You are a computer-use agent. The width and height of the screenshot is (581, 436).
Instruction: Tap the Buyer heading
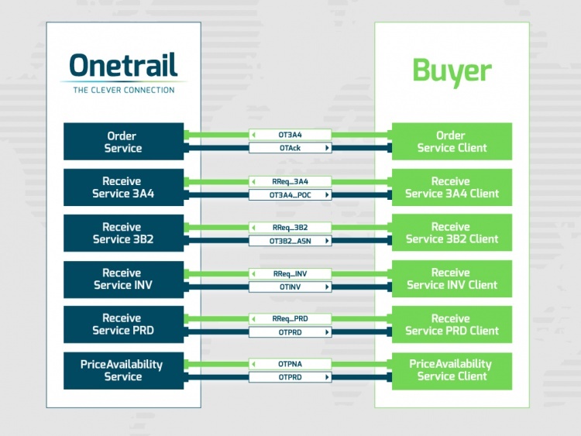click(x=452, y=70)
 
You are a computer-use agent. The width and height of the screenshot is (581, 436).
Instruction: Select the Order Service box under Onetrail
click(x=123, y=142)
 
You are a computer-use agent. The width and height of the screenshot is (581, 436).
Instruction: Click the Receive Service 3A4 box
click(x=123, y=187)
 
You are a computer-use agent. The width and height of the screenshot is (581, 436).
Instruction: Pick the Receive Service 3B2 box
click(x=123, y=233)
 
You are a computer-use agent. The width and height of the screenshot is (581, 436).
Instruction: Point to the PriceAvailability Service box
click(x=123, y=370)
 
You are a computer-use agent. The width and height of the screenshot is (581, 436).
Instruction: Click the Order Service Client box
click(x=452, y=142)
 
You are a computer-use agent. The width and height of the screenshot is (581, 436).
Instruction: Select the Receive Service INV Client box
click(x=452, y=279)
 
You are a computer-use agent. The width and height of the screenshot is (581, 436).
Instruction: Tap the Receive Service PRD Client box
click(x=452, y=324)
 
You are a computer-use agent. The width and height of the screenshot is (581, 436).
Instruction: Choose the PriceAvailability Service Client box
click(x=452, y=370)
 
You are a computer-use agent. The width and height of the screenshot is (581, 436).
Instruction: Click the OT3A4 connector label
click(x=290, y=135)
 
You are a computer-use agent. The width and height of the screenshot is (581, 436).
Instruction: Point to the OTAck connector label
click(x=290, y=147)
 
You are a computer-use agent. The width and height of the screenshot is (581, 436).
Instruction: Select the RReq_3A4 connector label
click(x=290, y=181)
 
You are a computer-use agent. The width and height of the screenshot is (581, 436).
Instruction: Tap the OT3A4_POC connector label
click(x=290, y=195)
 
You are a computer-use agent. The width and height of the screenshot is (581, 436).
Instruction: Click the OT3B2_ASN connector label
click(x=290, y=241)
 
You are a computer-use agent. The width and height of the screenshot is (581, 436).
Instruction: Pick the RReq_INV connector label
click(x=290, y=273)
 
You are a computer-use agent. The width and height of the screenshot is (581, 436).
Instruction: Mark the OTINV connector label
click(x=290, y=287)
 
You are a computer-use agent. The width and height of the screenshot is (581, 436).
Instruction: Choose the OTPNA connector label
click(x=290, y=364)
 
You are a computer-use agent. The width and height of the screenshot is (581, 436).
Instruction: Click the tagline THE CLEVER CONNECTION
click(x=123, y=90)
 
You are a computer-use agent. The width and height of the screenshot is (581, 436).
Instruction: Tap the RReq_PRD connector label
click(x=290, y=318)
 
